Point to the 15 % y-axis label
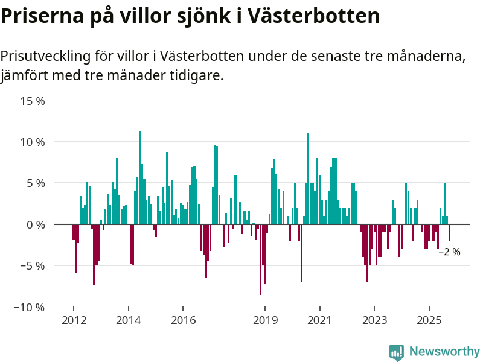pyautogui.click(x=33, y=101)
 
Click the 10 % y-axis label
pyautogui.click(x=33, y=142)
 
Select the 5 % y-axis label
pyautogui.click(x=36, y=183)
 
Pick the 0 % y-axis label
pyautogui.click(x=36, y=224)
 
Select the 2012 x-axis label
pyautogui.click(x=74, y=320)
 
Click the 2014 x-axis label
pyautogui.click(x=129, y=320)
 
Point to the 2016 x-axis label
pyautogui.click(x=184, y=320)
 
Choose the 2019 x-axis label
pyautogui.click(x=265, y=320)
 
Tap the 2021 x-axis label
pyautogui.click(x=319, y=320)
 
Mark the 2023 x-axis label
pyautogui.click(x=374, y=320)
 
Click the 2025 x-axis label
pyautogui.click(x=429, y=320)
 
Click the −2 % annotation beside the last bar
pyautogui.click(x=449, y=252)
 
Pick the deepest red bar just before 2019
pyautogui.click(x=260, y=259)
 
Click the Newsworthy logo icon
pyautogui.click(x=397, y=352)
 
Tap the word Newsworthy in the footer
pyautogui.click(x=444, y=352)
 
